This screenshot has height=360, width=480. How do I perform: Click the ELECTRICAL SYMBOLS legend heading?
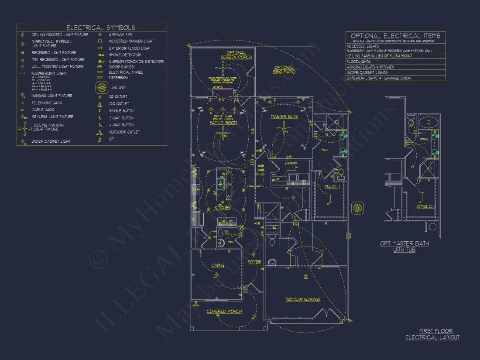100,27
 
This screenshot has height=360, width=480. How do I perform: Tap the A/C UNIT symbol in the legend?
101,87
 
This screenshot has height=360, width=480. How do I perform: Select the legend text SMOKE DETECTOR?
125,55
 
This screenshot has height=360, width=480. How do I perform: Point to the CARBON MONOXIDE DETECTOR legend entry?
136,62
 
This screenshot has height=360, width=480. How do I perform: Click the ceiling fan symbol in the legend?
23,128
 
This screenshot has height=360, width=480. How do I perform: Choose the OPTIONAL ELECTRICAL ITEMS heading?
395,36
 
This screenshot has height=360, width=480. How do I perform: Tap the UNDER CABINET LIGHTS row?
367,72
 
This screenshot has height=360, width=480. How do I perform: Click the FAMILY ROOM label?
223,123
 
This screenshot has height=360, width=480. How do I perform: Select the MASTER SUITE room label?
284,117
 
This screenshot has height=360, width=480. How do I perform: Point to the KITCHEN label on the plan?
223,208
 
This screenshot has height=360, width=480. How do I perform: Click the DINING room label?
217,265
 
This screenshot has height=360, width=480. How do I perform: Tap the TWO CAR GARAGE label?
302,300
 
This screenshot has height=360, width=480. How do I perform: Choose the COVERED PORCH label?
224,312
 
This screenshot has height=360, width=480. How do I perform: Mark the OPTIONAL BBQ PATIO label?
284,70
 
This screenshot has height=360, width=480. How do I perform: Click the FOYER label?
254,262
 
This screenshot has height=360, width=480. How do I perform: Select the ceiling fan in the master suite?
285,128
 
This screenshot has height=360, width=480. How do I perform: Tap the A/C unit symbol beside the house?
358,208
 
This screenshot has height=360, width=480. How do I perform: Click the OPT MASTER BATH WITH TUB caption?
404,247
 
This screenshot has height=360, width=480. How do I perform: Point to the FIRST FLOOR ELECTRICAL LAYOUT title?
432,334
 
